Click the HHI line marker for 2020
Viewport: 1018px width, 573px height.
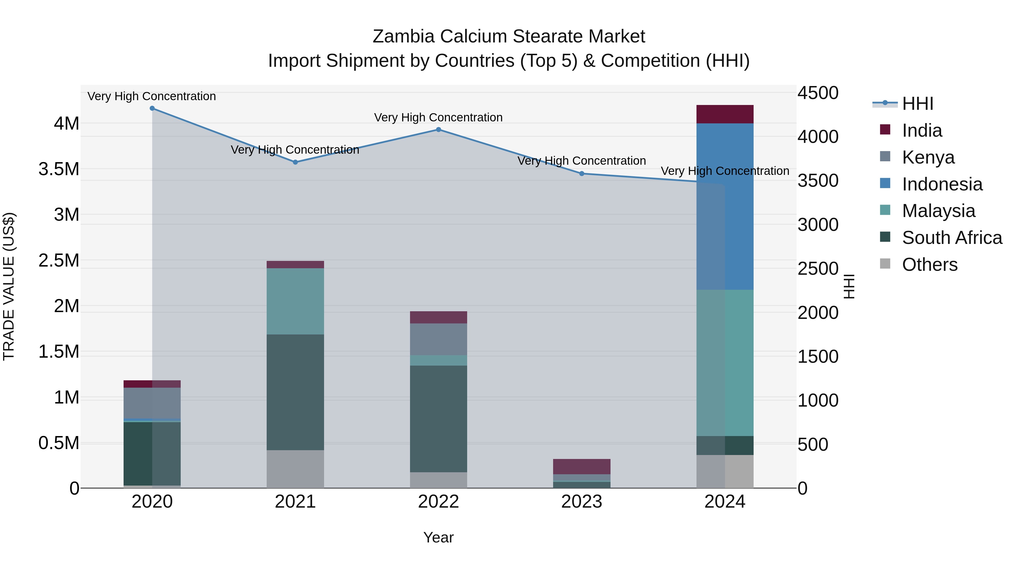coord(152,108)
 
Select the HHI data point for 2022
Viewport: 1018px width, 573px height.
coord(438,130)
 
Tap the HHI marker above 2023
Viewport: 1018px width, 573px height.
coord(582,174)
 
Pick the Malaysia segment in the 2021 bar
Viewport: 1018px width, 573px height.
coord(295,301)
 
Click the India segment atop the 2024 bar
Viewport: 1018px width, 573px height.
coord(725,114)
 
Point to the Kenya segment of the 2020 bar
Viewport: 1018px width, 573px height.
coord(152,403)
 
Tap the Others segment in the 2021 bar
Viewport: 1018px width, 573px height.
coord(295,469)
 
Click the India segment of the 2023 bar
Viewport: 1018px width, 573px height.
coord(582,467)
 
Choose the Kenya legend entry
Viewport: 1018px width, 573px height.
coord(928,157)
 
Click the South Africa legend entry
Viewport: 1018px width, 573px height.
coord(952,238)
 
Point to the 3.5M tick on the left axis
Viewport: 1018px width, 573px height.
coord(59,169)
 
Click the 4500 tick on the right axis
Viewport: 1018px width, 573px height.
coord(818,93)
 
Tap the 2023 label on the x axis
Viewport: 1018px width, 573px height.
coord(582,502)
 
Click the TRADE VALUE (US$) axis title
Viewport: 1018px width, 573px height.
coord(9,286)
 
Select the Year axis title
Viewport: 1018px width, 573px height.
coord(438,537)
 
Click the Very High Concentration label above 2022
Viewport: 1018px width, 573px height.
coord(438,117)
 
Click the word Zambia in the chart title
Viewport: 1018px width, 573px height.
coord(403,37)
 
